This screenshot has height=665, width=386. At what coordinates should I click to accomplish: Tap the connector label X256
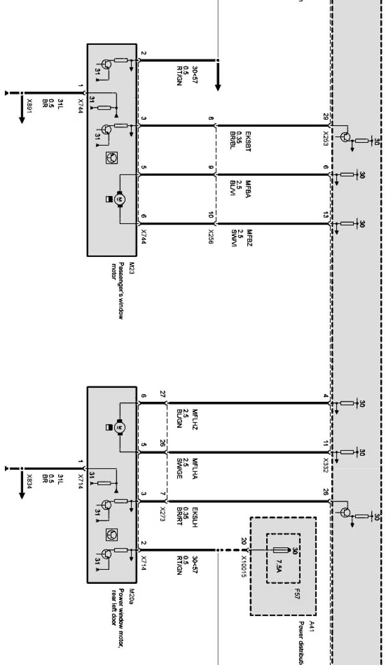click(x=210, y=236)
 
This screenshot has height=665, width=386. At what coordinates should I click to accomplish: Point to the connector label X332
click(x=325, y=465)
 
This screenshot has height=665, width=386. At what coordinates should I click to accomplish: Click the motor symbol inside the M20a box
click(x=119, y=427)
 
